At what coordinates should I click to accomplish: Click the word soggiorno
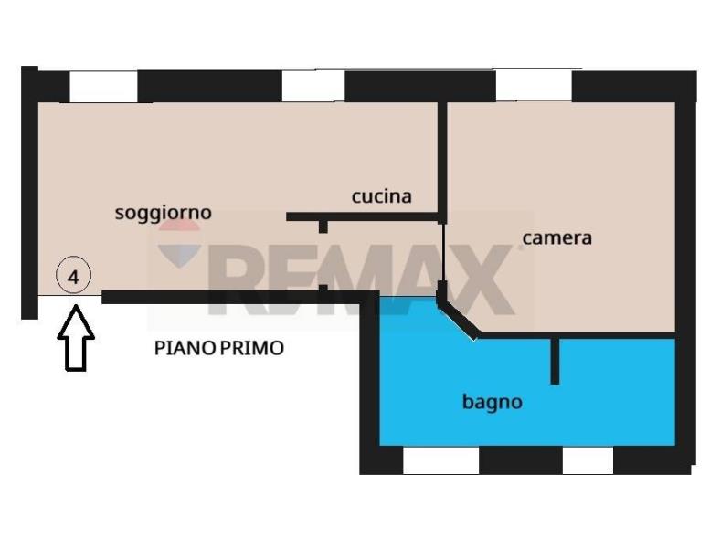coord(163,213)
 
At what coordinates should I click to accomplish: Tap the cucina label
coord(381,196)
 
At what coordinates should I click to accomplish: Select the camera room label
coord(556,238)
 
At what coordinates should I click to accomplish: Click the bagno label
coord(492,401)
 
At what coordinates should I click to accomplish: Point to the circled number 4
coord(73,275)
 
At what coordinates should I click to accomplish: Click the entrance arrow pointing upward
coord(76,338)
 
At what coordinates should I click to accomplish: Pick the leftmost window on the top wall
coord(103,87)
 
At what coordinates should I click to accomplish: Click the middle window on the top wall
coord(313,87)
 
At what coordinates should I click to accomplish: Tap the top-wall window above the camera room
coord(533,87)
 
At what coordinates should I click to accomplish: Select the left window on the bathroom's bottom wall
coord(440,460)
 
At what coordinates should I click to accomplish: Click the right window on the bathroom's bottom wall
coord(587,460)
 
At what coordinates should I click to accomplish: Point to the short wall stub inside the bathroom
coord(554,361)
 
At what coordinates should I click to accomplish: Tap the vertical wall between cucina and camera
coord(442,160)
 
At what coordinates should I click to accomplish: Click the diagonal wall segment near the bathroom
coord(458,317)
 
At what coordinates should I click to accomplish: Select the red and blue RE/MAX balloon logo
coord(179,243)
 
